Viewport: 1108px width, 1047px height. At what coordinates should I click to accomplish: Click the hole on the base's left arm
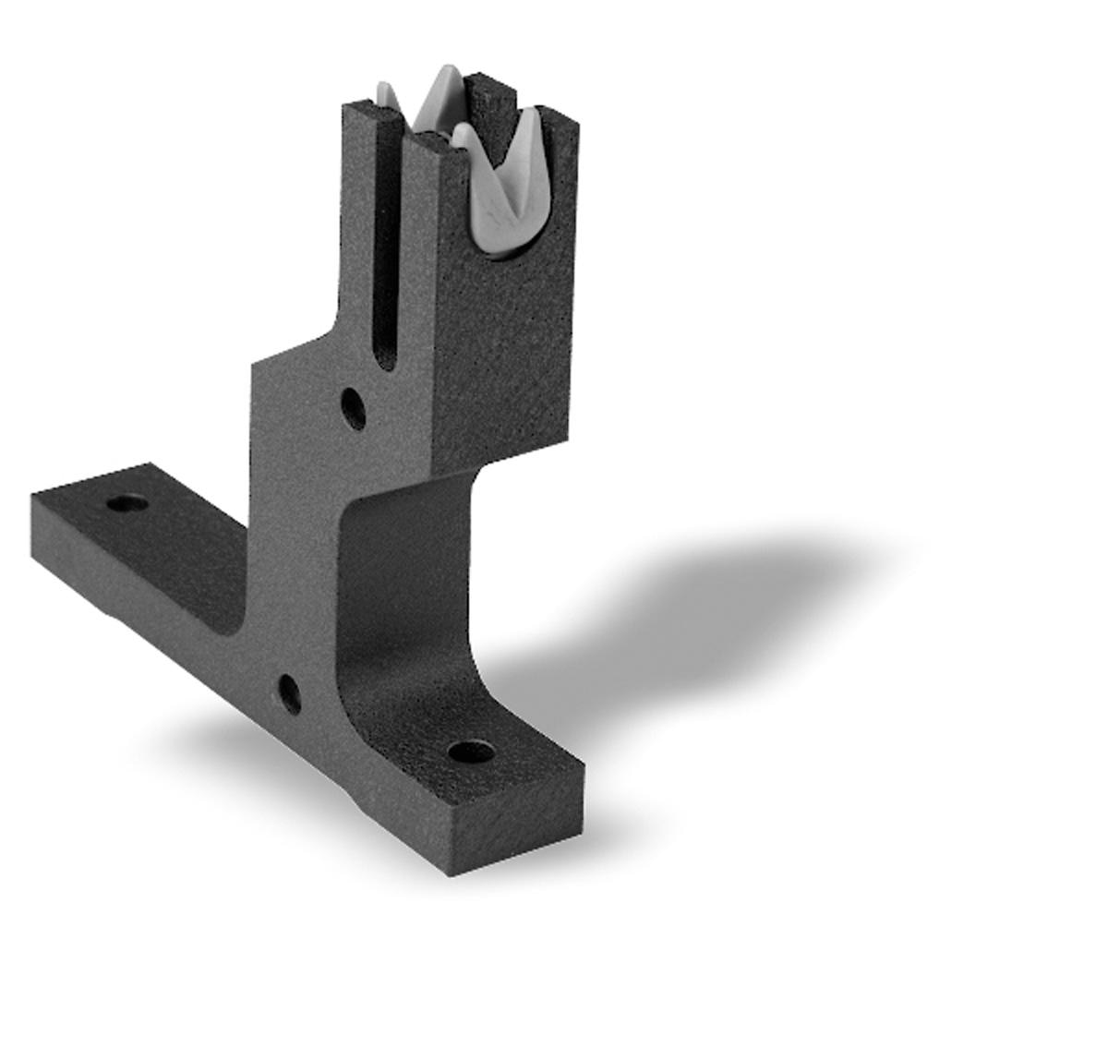[126, 504]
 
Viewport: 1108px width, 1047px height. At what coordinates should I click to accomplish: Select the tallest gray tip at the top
[446, 78]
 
